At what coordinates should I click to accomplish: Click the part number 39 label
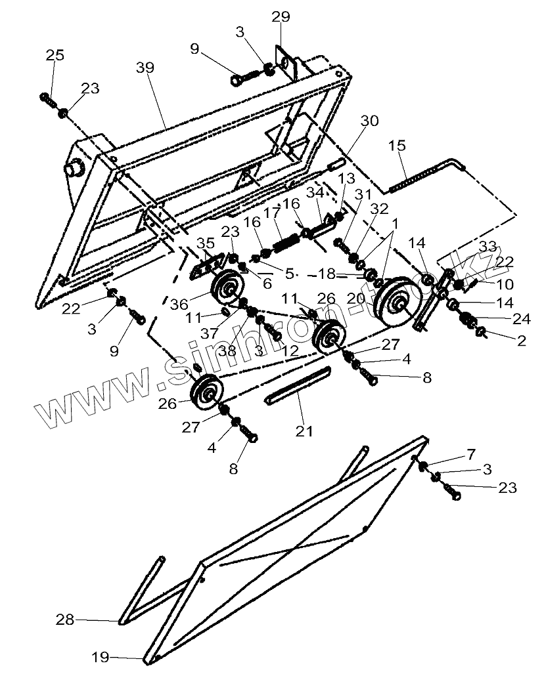[146, 68]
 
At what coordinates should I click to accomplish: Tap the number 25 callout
[55, 55]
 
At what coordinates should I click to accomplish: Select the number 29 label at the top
[281, 18]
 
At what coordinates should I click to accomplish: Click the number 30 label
[370, 121]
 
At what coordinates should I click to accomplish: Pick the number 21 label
[304, 431]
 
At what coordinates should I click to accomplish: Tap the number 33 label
[487, 247]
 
